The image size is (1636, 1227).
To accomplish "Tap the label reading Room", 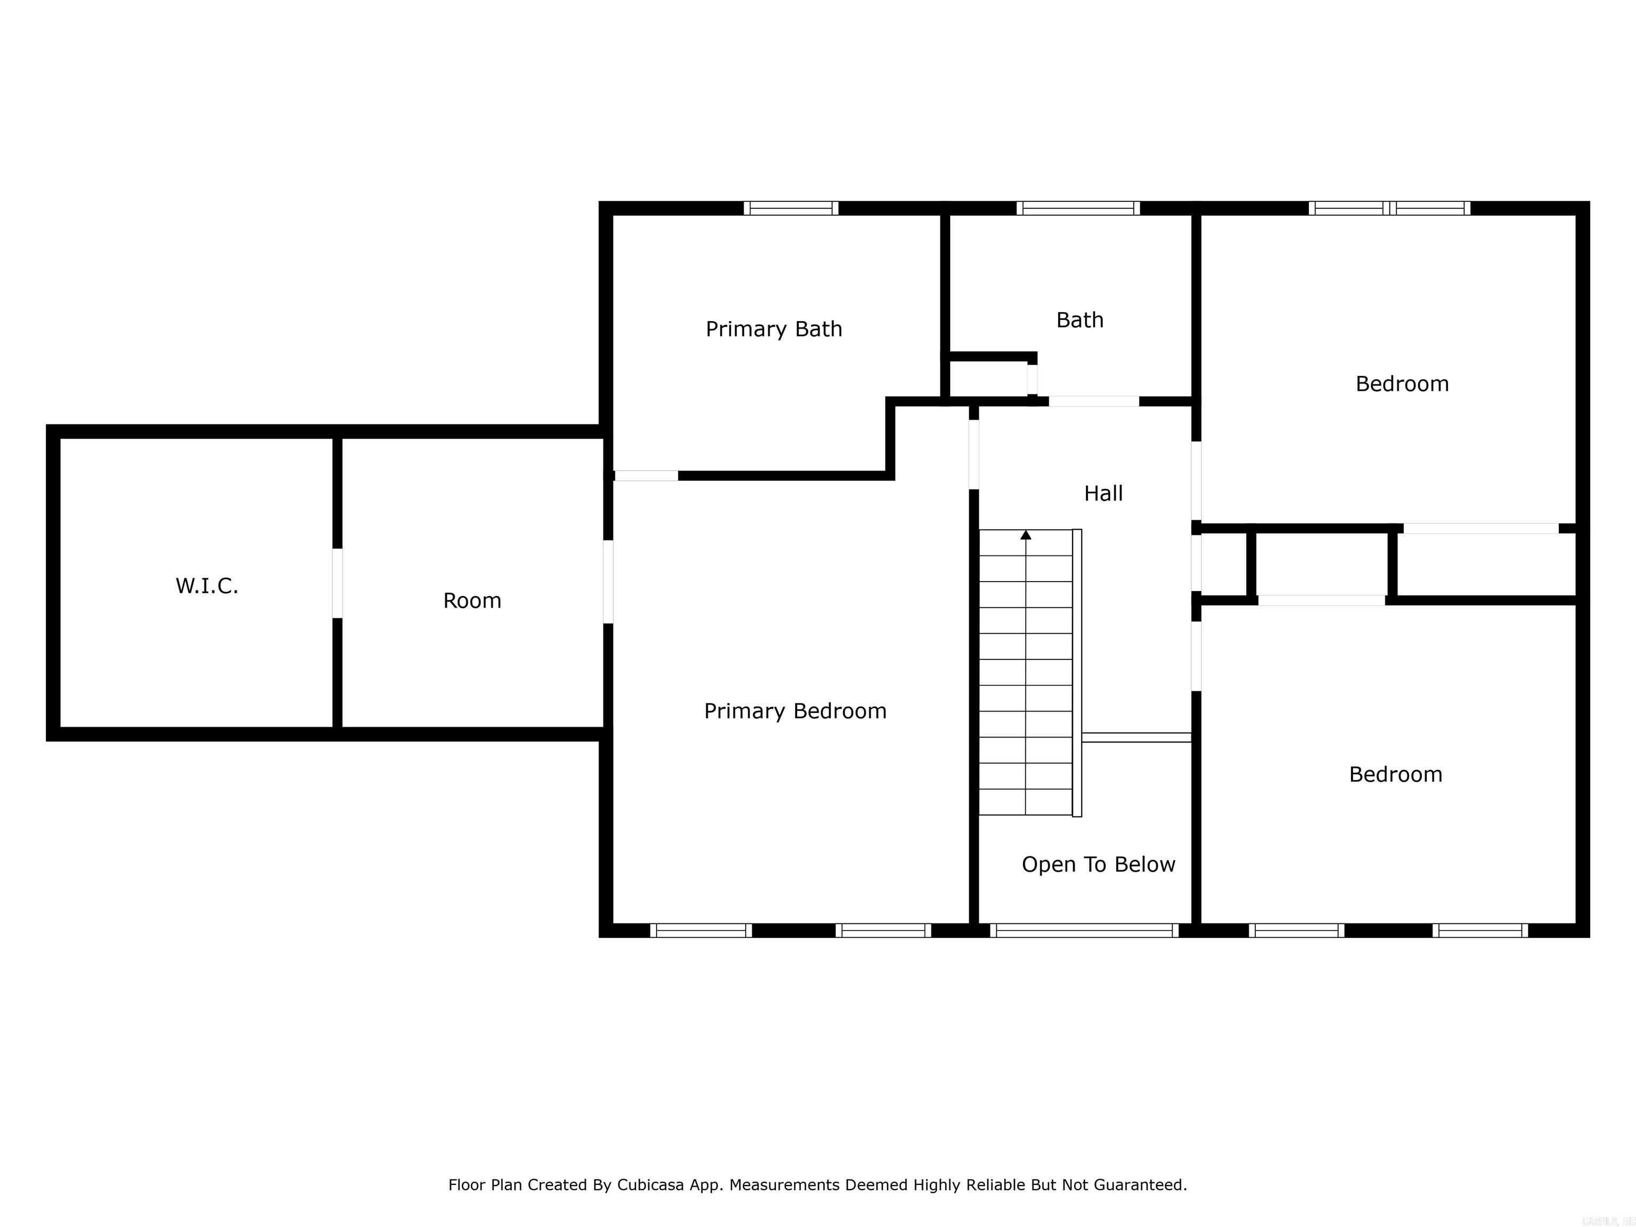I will click(472, 601).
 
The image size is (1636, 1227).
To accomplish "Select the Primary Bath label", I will click(774, 329).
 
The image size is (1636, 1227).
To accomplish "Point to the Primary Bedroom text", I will click(795, 711).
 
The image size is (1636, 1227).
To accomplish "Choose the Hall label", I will click(1103, 493).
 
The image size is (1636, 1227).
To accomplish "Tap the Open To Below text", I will click(1098, 864).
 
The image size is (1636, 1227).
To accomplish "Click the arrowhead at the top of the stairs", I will click(1025, 534).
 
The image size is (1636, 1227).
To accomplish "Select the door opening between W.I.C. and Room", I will click(337, 583).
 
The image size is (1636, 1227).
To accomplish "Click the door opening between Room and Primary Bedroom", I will click(608, 582).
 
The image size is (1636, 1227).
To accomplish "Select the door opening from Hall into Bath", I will click(1093, 402).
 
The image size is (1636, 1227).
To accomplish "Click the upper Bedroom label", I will click(1402, 384).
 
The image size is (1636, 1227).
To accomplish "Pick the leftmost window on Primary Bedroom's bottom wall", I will click(700, 930).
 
